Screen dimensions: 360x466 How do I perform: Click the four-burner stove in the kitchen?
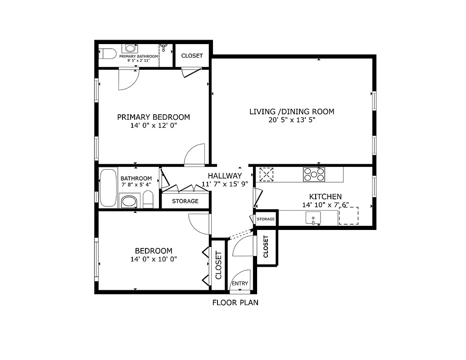[x=314, y=174]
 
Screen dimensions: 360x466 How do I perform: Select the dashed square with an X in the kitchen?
[x=267, y=174]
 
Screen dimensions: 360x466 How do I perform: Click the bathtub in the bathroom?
[x=108, y=188]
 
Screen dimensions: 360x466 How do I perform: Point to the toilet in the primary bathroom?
[x=107, y=54]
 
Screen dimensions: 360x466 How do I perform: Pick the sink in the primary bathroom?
[x=131, y=48]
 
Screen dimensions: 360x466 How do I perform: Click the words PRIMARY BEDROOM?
[x=154, y=117]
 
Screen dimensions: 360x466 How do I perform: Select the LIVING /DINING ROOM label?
[x=292, y=112]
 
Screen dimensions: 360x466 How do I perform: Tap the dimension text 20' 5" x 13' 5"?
[x=292, y=120]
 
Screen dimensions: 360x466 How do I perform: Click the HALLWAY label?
[x=225, y=175]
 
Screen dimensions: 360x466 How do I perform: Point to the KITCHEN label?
[x=325, y=197]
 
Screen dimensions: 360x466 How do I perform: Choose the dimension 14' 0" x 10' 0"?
[x=154, y=259]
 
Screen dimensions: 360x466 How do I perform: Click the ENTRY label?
[x=240, y=283]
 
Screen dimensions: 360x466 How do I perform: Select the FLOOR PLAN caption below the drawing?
[x=235, y=303]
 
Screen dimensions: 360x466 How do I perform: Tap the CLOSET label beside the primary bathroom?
[x=192, y=56]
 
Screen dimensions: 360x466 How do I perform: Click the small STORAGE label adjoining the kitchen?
[x=266, y=219]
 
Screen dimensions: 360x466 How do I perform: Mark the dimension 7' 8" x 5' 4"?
[x=136, y=184]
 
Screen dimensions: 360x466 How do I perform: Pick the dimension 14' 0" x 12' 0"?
[x=154, y=126]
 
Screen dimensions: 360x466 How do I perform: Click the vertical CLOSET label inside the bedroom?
[x=218, y=265]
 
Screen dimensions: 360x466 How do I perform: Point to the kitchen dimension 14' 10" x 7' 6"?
[x=325, y=205]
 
